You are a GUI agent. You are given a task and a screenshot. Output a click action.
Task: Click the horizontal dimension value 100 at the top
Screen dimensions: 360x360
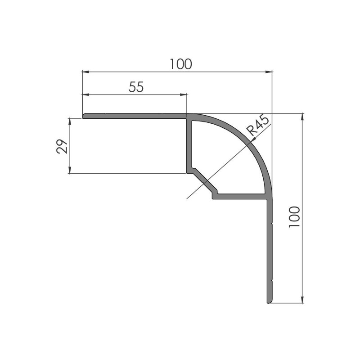click(x=181, y=64)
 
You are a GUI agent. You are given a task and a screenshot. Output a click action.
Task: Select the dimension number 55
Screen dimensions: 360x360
click(x=136, y=87)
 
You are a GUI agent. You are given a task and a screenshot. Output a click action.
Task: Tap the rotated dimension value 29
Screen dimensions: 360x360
click(x=62, y=146)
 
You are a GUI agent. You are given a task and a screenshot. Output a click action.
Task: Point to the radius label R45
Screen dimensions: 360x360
click(x=258, y=126)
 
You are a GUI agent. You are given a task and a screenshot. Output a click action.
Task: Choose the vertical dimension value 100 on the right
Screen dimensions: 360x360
click(x=294, y=216)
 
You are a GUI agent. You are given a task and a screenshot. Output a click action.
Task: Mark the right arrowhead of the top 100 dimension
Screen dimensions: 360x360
click(x=270, y=72)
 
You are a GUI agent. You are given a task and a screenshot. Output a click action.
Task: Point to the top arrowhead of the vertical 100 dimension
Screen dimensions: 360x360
click(x=302, y=116)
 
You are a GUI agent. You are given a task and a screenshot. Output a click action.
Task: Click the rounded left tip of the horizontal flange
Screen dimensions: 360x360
click(x=84, y=116)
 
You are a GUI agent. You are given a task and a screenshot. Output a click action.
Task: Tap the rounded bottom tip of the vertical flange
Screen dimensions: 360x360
click(x=269, y=301)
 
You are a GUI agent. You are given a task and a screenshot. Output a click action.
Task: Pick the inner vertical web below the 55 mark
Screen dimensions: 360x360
click(x=189, y=144)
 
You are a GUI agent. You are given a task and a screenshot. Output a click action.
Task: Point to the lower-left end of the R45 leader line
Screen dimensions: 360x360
click(x=186, y=198)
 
